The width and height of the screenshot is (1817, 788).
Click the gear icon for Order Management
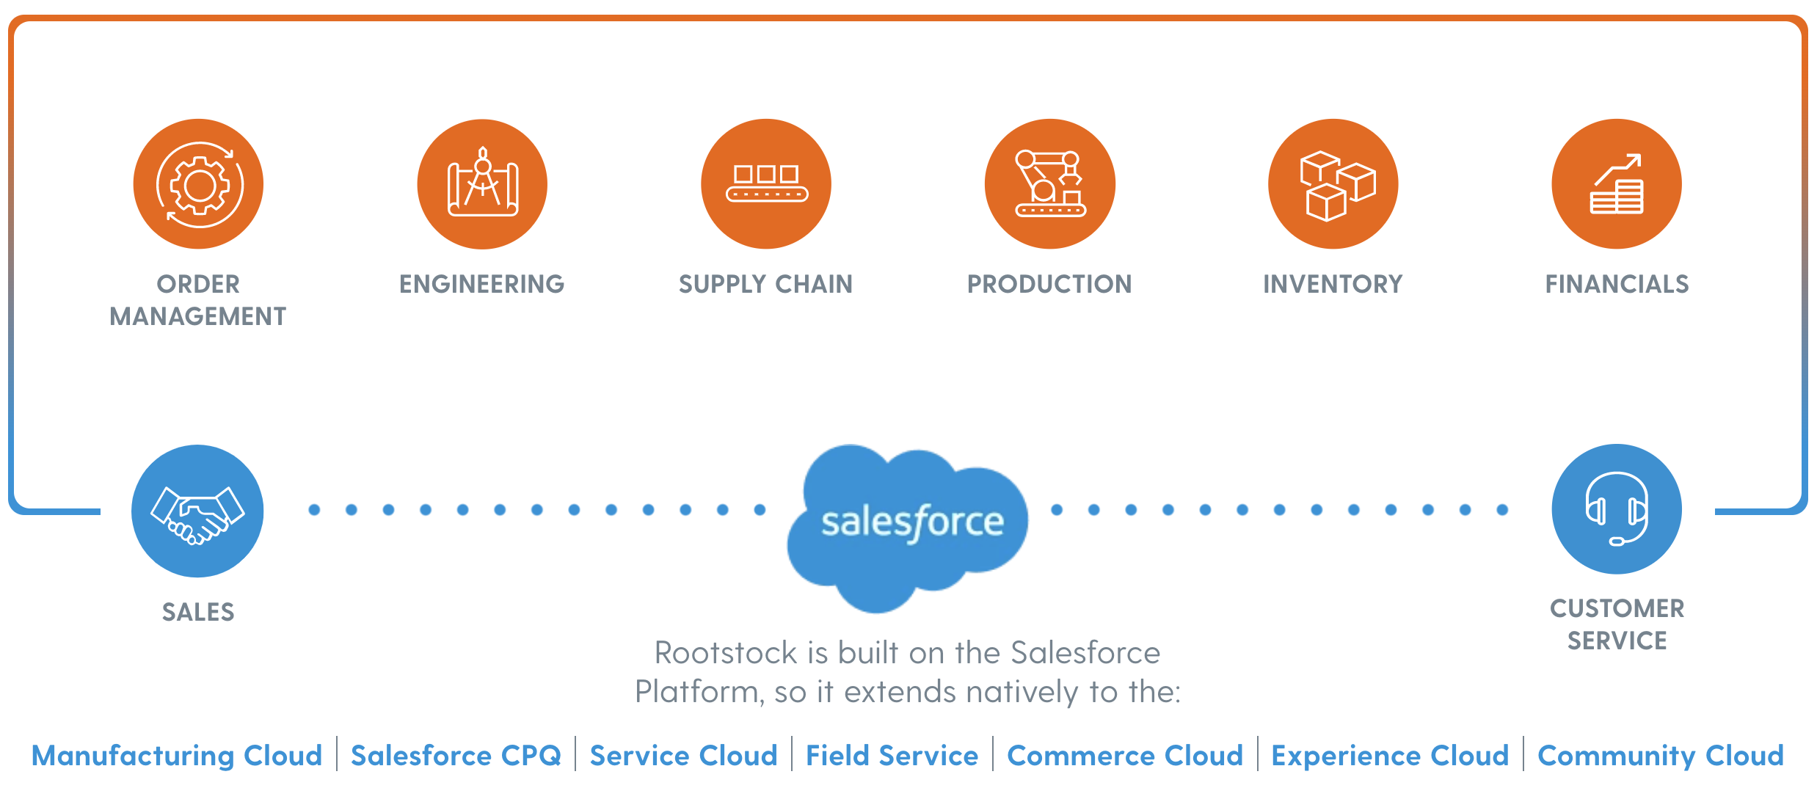[198, 184]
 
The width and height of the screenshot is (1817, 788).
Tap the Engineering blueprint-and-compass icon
[482, 184]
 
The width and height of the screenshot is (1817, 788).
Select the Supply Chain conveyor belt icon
[766, 184]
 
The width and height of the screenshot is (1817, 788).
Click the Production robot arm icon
[1050, 184]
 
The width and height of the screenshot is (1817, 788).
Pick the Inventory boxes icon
[1333, 184]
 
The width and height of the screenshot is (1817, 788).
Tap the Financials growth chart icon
[1617, 184]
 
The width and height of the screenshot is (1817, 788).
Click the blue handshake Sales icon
[197, 511]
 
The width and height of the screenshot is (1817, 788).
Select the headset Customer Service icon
[1617, 509]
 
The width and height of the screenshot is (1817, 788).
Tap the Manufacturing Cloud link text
[177, 755]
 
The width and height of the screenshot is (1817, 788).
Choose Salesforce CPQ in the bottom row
[456, 755]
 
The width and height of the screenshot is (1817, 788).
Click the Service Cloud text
[683, 755]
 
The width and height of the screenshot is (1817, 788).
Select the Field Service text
[892, 755]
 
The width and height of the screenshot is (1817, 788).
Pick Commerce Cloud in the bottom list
[1125, 755]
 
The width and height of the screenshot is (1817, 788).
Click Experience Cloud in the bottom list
[1390, 755]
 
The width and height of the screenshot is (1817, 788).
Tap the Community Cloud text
[1660, 755]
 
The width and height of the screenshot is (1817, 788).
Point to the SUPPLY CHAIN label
[765, 284]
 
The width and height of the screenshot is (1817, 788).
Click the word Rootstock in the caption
[725, 652]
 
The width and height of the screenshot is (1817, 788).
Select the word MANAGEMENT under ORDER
[198, 316]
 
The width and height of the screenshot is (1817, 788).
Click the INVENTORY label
[1333, 284]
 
